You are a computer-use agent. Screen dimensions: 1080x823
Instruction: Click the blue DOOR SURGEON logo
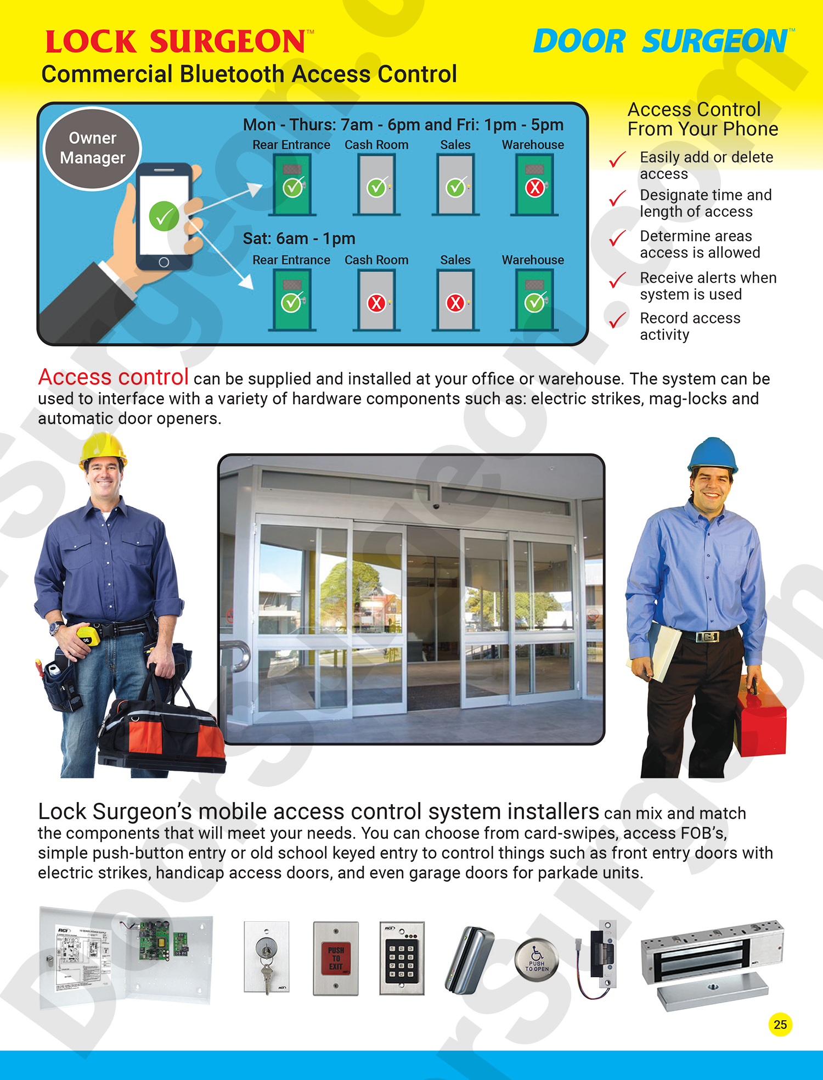point(661,42)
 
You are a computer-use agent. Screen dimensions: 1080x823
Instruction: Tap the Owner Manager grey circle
point(92,148)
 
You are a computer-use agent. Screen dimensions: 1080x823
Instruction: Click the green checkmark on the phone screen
point(164,216)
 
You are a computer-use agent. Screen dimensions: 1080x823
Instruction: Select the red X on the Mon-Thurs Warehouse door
point(534,188)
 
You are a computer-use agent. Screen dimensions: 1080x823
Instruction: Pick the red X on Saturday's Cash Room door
point(376,303)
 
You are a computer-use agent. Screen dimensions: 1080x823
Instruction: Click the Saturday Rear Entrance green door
point(292,300)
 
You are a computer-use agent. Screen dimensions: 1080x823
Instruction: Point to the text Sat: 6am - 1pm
point(299,239)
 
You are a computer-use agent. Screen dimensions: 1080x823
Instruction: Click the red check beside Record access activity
point(618,320)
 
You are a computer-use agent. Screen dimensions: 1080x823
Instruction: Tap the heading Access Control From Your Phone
point(702,119)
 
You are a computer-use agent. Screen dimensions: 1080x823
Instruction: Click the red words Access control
point(114,377)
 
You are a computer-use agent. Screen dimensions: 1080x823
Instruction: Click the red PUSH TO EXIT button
point(336,958)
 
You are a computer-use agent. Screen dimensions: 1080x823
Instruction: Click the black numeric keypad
point(402,959)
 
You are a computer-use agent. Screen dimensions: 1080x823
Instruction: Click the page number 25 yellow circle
point(780,1024)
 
